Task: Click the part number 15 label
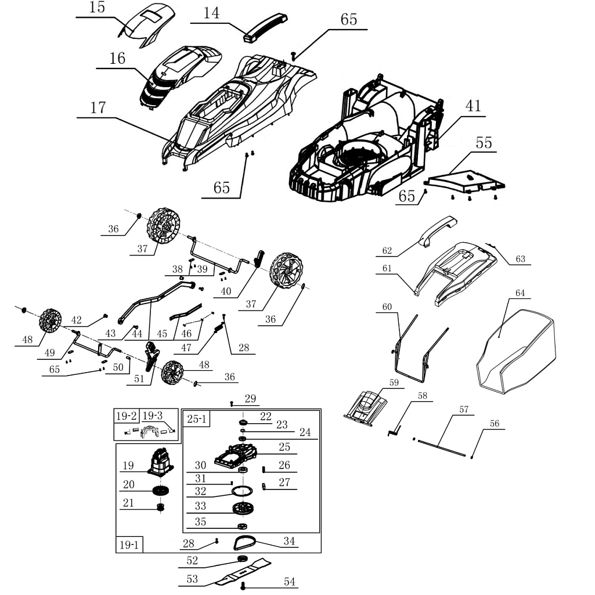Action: coord(97,8)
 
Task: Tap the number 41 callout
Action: coord(473,106)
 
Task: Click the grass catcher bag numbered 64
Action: coord(514,348)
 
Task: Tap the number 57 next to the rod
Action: coord(463,410)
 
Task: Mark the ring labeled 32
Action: coord(244,490)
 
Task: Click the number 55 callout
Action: coord(484,143)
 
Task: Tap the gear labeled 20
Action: coord(160,491)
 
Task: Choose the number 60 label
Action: coord(387,306)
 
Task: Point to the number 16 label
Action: coord(117,59)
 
